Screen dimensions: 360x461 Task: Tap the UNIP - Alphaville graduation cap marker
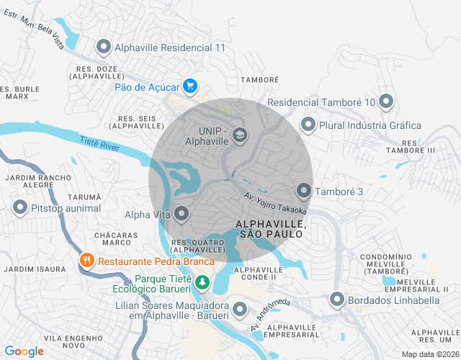pos(239,135)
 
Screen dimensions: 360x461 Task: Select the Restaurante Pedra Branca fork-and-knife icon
pos(86,261)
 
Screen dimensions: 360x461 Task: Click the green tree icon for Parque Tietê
pos(203,282)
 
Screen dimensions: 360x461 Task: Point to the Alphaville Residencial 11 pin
pos(103,48)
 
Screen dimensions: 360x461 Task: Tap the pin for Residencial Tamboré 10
pos(386,102)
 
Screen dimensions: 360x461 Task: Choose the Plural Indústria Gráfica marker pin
pos(308,125)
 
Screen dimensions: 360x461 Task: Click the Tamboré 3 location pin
pos(304,191)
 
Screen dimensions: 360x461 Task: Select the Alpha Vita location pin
pos(182,212)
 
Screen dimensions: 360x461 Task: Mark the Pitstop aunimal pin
pos(20,209)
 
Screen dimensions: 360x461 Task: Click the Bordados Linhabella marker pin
pos(336,299)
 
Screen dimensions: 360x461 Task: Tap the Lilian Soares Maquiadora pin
pos(240,309)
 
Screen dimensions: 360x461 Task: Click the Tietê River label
pos(99,145)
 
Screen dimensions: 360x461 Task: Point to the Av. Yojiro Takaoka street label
pos(274,204)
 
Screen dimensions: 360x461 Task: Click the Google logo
pos(24,351)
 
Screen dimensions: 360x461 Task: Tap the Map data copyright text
pos(430,354)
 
